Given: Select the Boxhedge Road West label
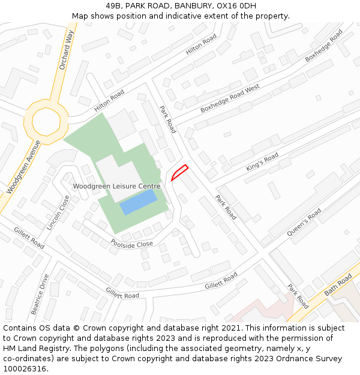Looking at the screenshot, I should click(230, 98).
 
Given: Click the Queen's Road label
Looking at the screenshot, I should click(304, 223).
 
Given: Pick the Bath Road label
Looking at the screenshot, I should click(338, 286).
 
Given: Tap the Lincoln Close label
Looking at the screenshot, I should click(58, 212).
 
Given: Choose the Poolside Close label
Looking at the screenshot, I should click(132, 244).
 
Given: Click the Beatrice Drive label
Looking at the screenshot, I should click(40, 294).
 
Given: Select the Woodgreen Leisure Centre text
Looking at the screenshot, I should click(116, 186).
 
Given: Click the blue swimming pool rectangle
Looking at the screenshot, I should click(139, 202).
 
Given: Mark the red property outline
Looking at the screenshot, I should click(179, 172).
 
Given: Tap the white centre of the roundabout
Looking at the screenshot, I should click(46, 121).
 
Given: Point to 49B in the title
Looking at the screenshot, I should click(113, 6).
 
